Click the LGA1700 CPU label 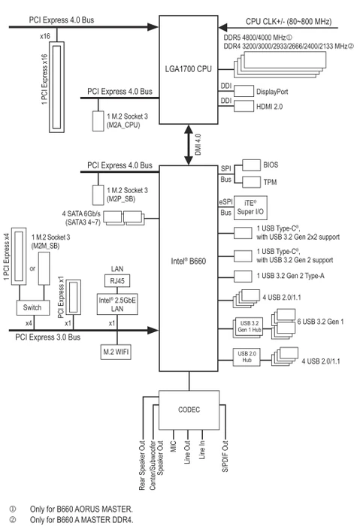coord(188,69)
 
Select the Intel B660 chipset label coord(188,261)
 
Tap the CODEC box coord(189,410)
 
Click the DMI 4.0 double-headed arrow coord(189,145)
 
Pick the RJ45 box coord(117,281)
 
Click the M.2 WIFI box coord(116,352)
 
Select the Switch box coord(33,307)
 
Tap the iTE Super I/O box coord(250,207)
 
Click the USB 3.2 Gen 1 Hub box coord(248,327)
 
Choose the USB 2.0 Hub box coord(247,357)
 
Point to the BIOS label coord(271,165)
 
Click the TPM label coord(270,182)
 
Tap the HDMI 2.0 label coord(269,107)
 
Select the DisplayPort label coord(272,92)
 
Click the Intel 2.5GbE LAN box coord(117,304)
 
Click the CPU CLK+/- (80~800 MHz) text coord(289,22)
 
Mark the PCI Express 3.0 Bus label coord(47,337)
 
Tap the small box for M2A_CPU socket coord(98,121)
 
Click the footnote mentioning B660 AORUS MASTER coord(81,509)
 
